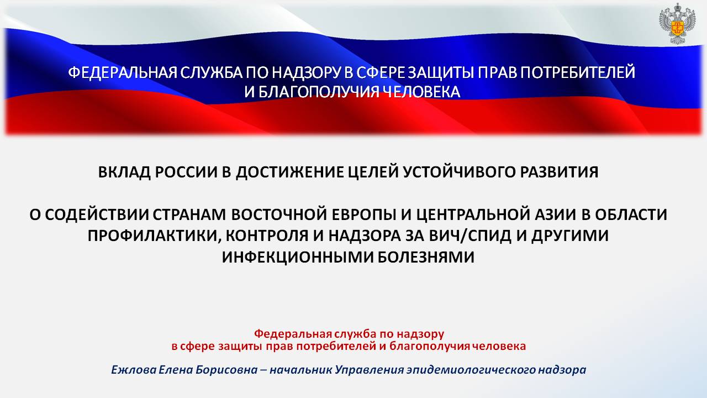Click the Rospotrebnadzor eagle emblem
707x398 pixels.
point(677,24)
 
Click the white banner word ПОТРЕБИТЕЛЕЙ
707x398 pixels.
point(578,72)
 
